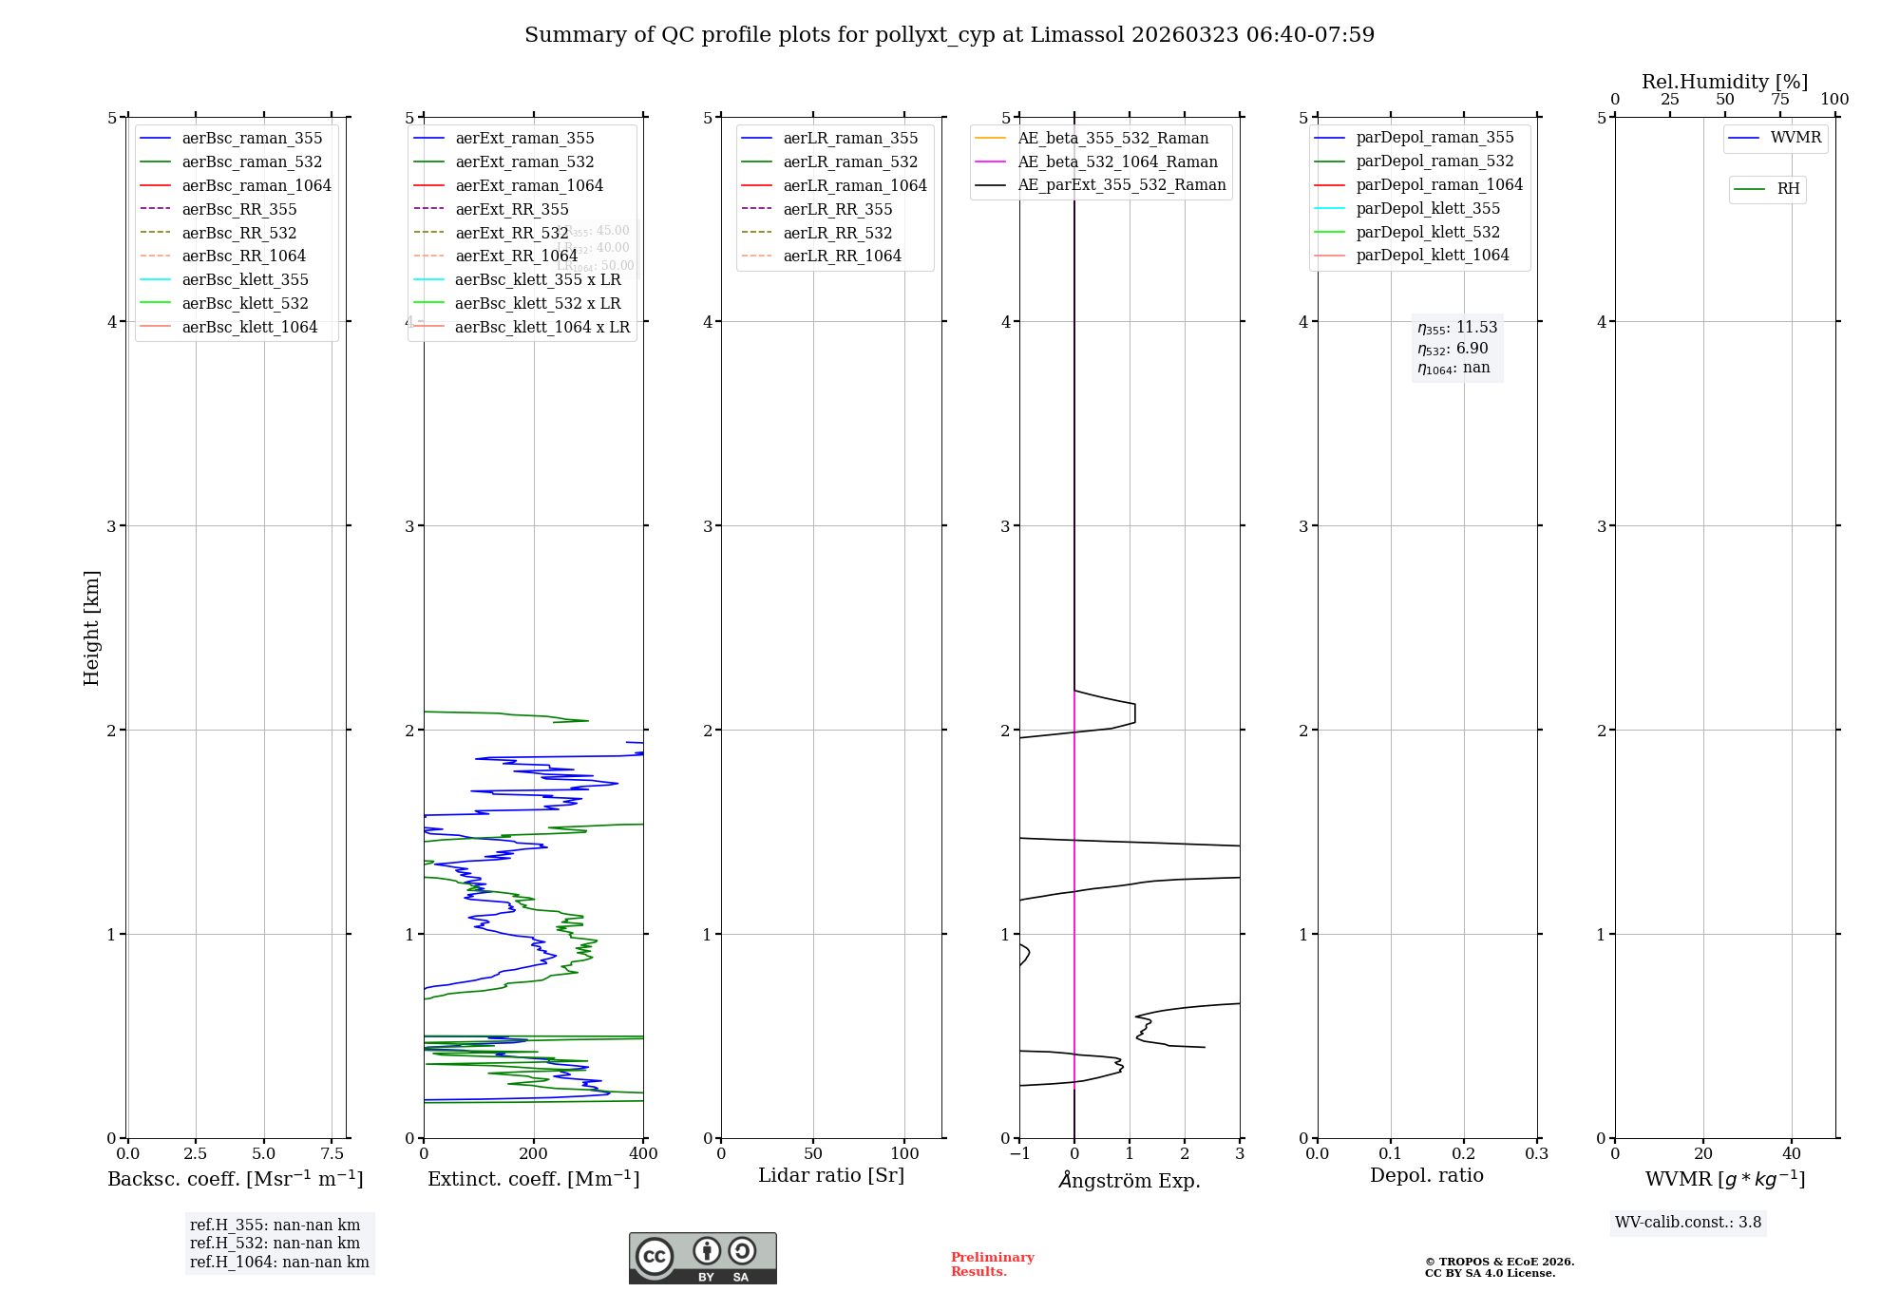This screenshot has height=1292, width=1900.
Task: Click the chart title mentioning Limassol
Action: pyautogui.click(x=949, y=35)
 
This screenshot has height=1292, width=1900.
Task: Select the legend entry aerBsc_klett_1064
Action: pyautogui.click(x=249, y=327)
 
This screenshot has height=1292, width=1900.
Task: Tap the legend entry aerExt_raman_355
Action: pyautogui.click(x=524, y=138)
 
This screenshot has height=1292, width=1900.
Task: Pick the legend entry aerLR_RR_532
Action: pyautogui.click(x=837, y=233)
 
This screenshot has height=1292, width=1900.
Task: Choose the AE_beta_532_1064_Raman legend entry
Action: pyautogui.click(x=1117, y=161)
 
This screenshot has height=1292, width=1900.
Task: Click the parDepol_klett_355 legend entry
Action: pyautogui.click(x=1428, y=208)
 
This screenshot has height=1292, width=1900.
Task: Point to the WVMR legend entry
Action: pyautogui.click(x=1795, y=138)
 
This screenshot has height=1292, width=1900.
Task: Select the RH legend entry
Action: pyautogui.click(x=1788, y=189)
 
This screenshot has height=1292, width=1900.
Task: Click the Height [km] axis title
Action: pyautogui.click(x=91, y=627)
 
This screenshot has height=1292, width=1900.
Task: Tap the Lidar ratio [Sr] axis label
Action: pyautogui.click(x=831, y=1175)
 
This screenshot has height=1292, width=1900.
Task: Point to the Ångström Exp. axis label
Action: pyautogui.click(x=1130, y=1180)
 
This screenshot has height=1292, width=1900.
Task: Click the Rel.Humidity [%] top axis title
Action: pyautogui.click(x=1724, y=82)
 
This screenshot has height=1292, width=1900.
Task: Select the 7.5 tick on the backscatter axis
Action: pyautogui.click(x=332, y=1153)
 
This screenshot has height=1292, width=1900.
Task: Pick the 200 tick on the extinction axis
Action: pyautogui.click(x=534, y=1153)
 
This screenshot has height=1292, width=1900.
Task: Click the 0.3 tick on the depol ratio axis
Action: pyautogui.click(x=1536, y=1153)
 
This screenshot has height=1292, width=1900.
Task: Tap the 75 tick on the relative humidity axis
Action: pyautogui.click(x=1779, y=100)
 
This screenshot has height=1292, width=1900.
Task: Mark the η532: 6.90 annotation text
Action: pyautogui.click(x=1453, y=349)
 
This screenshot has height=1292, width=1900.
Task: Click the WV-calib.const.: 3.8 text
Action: pyautogui.click(x=1688, y=1222)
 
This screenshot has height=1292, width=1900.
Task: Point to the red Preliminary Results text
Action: pyautogui.click(x=992, y=1263)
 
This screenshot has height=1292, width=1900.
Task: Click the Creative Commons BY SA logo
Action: pyautogui.click(x=702, y=1258)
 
